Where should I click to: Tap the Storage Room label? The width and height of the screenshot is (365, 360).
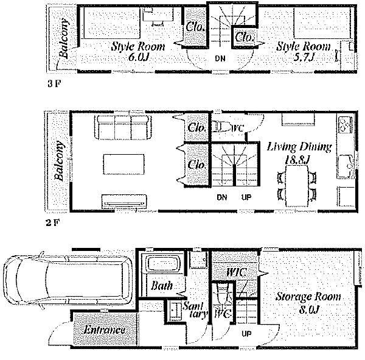tap(308, 297)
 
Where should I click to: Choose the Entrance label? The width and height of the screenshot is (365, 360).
tap(105, 330)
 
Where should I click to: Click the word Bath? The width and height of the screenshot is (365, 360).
tap(162, 285)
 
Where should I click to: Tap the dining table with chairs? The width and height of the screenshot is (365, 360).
tap(297, 186)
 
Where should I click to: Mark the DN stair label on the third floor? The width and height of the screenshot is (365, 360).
tap(220, 58)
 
